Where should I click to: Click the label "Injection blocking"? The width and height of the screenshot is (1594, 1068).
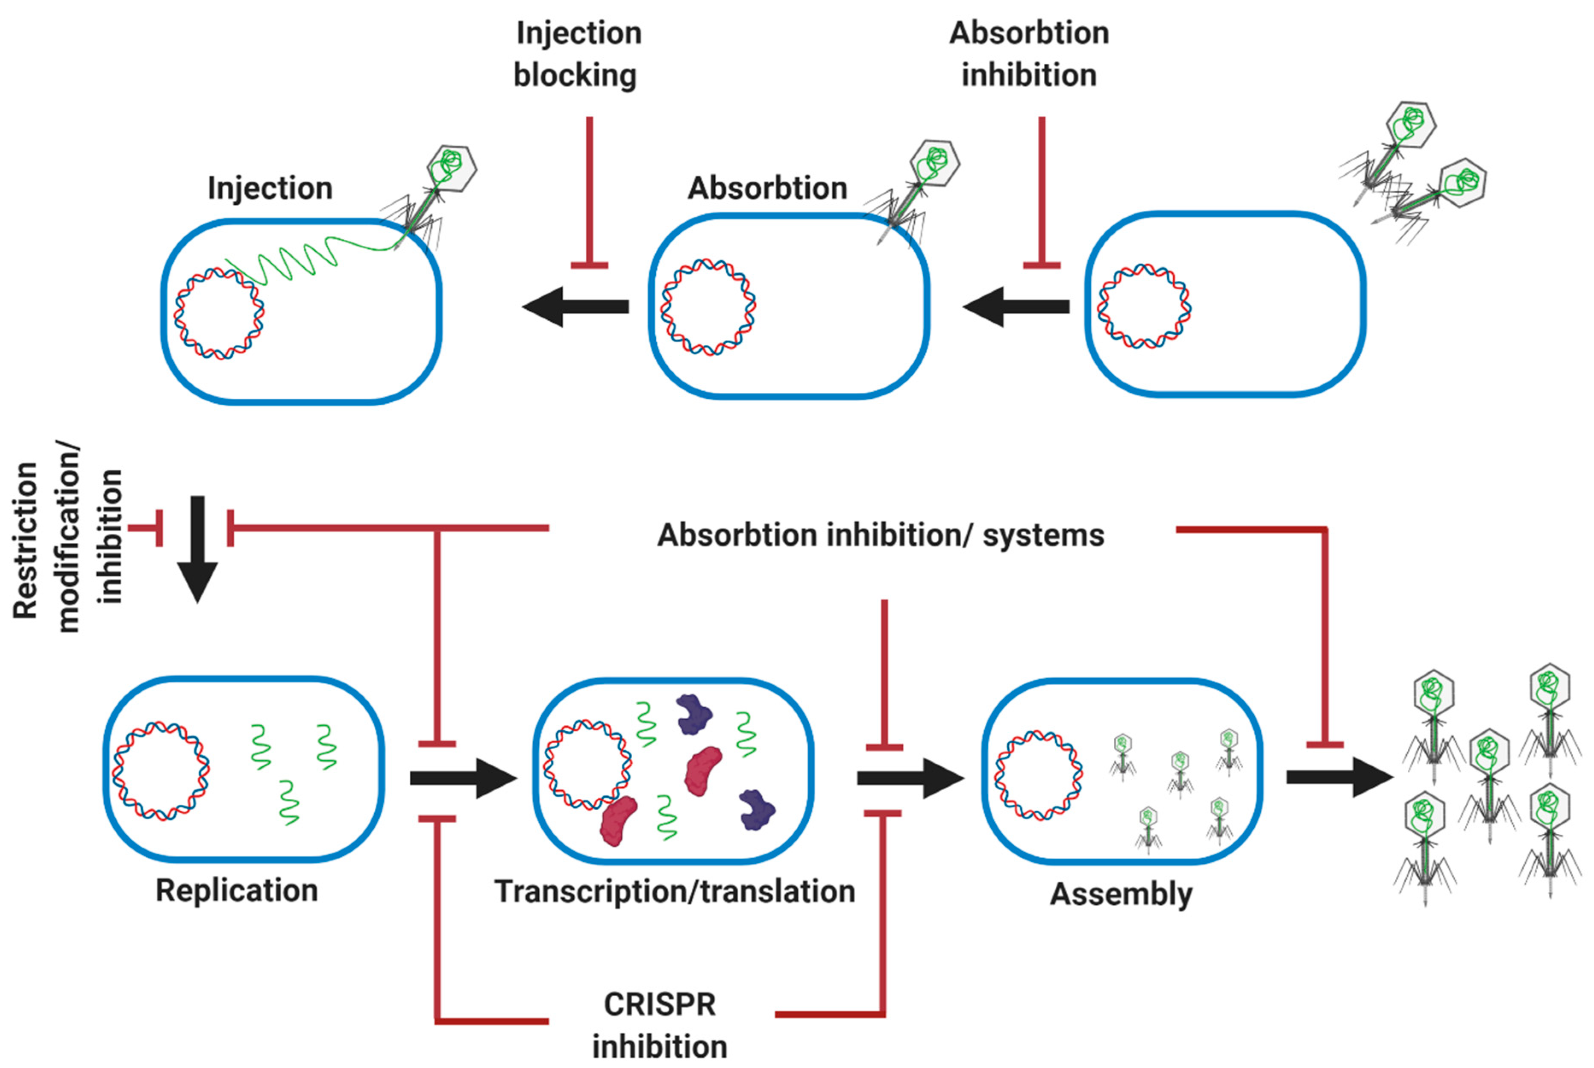(x=578, y=55)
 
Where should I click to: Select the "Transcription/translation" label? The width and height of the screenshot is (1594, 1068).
(x=675, y=891)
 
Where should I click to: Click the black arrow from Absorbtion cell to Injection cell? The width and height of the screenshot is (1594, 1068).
(x=576, y=306)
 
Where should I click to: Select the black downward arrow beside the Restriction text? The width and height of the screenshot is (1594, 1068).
(x=197, y=549)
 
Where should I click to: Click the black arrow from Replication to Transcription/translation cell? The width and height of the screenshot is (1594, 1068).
(x=464, y=778)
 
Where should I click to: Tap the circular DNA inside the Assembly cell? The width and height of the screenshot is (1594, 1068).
(x=1039, y=775)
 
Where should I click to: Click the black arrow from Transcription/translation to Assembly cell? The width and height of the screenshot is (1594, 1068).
(x=910, y=778)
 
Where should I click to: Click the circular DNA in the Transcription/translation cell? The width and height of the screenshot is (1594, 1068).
(x=587, y=765)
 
